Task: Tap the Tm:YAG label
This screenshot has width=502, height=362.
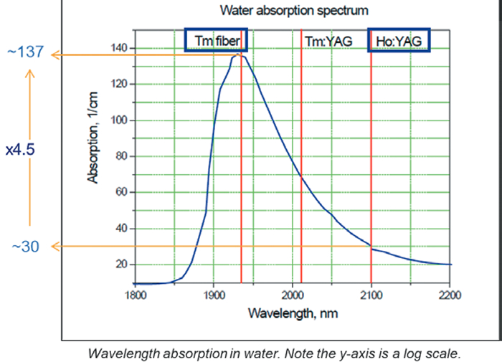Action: coord(328,41)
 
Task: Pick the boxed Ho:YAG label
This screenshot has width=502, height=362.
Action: coord(399,41)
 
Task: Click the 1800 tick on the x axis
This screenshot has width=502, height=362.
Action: coord(135,295)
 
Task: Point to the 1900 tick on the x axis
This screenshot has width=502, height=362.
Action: coord(214,295)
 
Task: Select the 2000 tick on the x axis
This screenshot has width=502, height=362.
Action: coord(293,295)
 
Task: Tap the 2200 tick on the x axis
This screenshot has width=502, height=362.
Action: coord(450,295)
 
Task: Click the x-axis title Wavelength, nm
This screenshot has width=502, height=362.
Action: coord(293,313)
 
